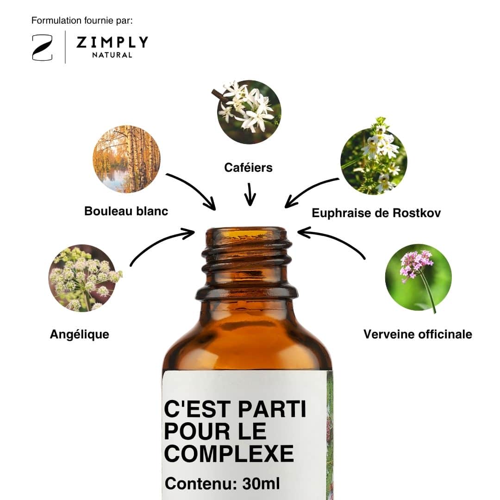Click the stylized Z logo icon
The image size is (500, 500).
(x=42, y=48)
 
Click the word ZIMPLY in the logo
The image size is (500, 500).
(x=112, y=42)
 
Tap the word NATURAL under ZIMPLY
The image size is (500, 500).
(x=112, y=55)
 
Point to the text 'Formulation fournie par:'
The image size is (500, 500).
(x=82, y=20)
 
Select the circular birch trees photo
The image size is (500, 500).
(x=126, y=159)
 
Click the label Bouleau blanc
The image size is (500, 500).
(x=126, y=211)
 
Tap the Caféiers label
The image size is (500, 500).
(x=249, y=168)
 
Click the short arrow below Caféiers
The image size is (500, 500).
(x=250, y=194)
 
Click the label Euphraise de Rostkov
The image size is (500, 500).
(x=376, y=213)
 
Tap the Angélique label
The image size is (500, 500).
(x=80, y=334)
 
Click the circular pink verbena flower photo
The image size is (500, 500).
(x=419, y=277)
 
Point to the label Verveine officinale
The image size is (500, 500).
(x=418, y=334)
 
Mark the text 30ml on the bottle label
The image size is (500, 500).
(x=261, y=483)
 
